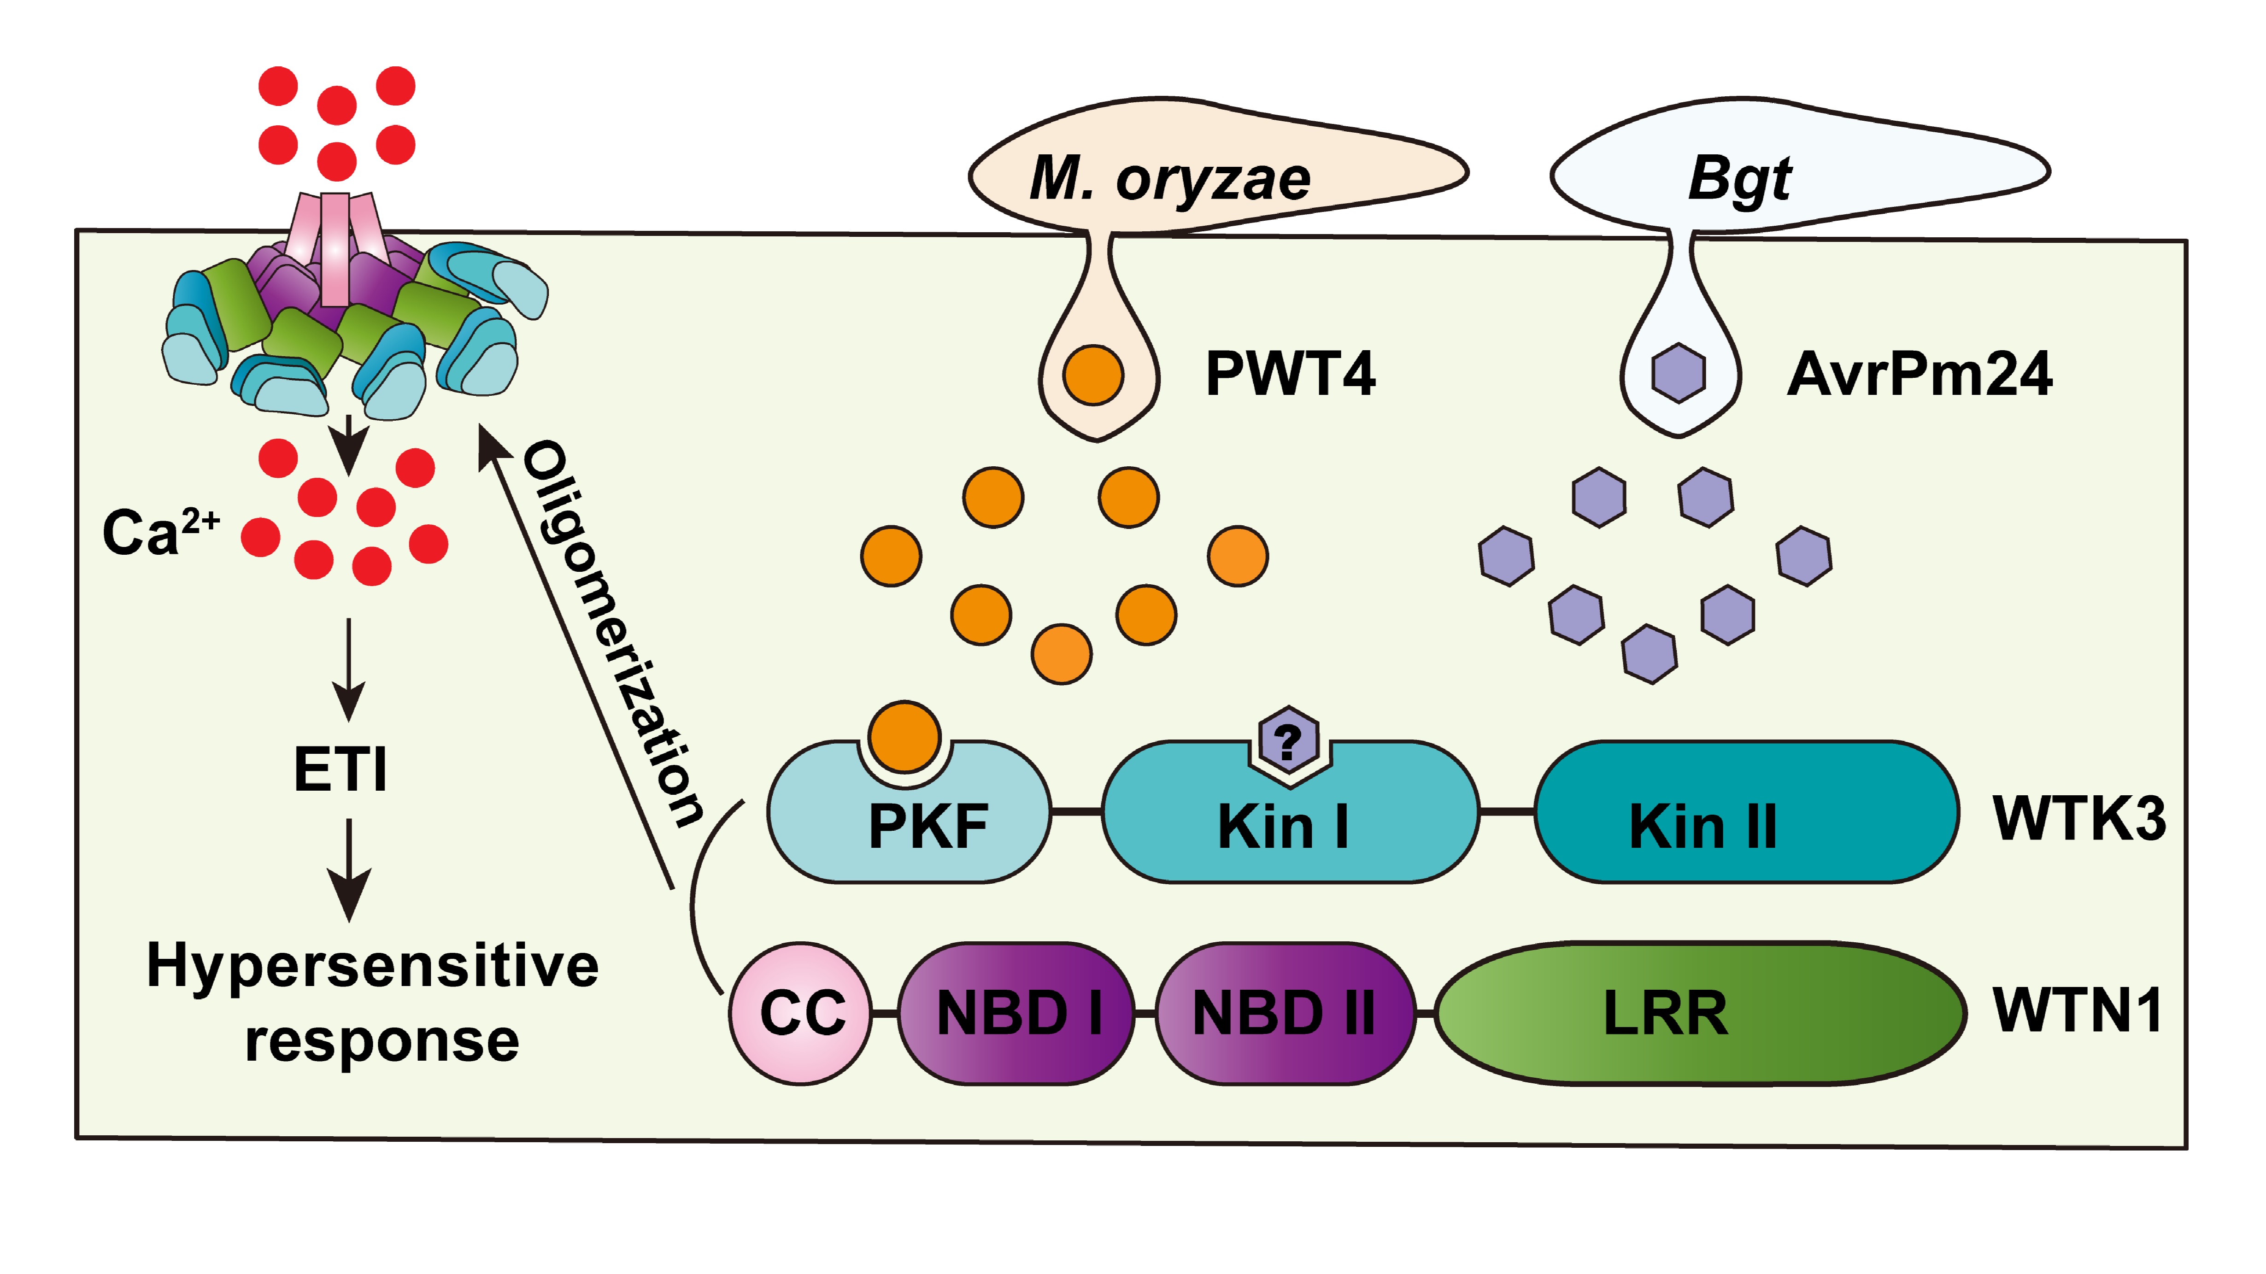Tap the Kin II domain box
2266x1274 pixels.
(x=1746, y=814)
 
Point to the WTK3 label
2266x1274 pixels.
(x=2078, y=818)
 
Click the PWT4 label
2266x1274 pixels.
(x=1290, y=374)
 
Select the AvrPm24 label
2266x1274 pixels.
(x=1920, y=374)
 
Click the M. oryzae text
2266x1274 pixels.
(x=1170, y=179)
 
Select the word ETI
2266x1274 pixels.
(x=340, y=770)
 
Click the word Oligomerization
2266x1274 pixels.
(x=613, y=634)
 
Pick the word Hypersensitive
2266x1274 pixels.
(x=373, y=965)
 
